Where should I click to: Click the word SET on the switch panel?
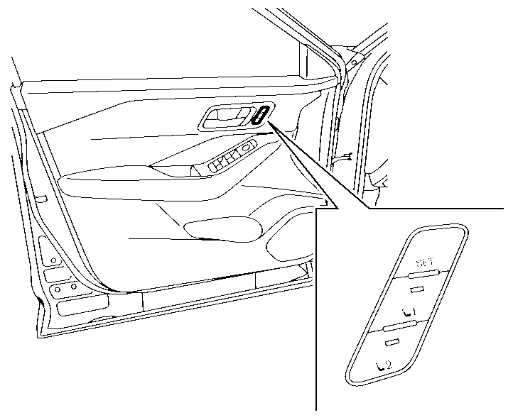[425, 262]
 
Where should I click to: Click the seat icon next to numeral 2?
[379, 365]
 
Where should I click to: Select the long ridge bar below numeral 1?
[399, 326]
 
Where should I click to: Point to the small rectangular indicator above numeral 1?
[416, 289]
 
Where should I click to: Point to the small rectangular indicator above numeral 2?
[391, 343]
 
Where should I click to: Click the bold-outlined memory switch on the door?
[261, 115]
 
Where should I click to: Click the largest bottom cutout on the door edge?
[82, 306]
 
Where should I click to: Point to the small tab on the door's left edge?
[41, 199]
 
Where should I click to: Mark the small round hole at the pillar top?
[352, 62]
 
